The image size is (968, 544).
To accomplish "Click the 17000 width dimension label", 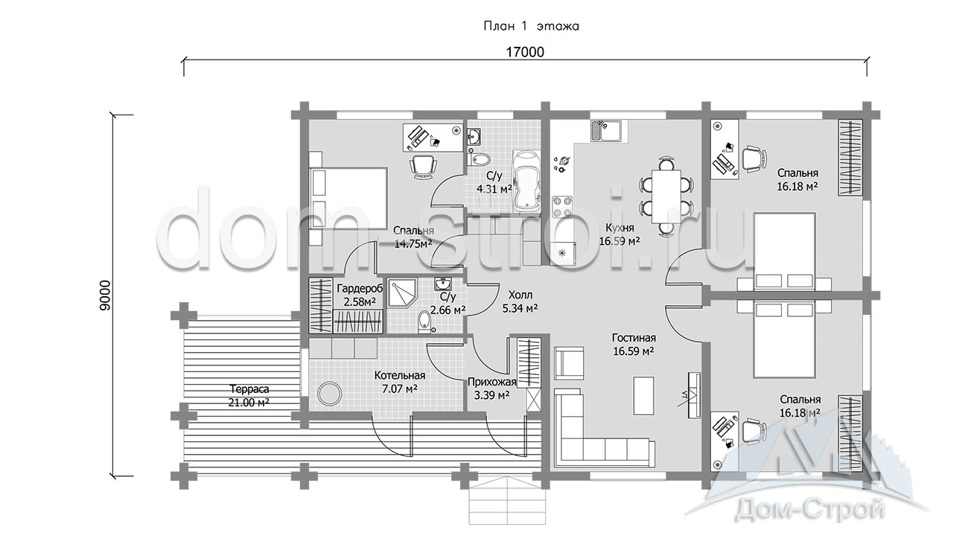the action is coord(525,52).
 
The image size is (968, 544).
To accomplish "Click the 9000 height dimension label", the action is coord(105,295).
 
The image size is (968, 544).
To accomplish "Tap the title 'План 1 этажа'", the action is coord(531,26).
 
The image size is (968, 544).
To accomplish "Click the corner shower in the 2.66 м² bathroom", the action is coord(402,293).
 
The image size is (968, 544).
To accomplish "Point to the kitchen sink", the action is coord(606,130).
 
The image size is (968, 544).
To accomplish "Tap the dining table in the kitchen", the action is coord(666,196).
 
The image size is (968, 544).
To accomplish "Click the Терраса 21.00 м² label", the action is coord(249,395).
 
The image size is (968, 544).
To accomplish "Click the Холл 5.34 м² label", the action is coord(520,301).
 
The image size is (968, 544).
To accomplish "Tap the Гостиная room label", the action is coord(634,338).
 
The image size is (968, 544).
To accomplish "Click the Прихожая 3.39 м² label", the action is coord(491,388).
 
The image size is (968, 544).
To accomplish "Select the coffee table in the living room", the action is coord(643,395).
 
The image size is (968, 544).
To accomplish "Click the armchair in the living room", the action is coord(569,362).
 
